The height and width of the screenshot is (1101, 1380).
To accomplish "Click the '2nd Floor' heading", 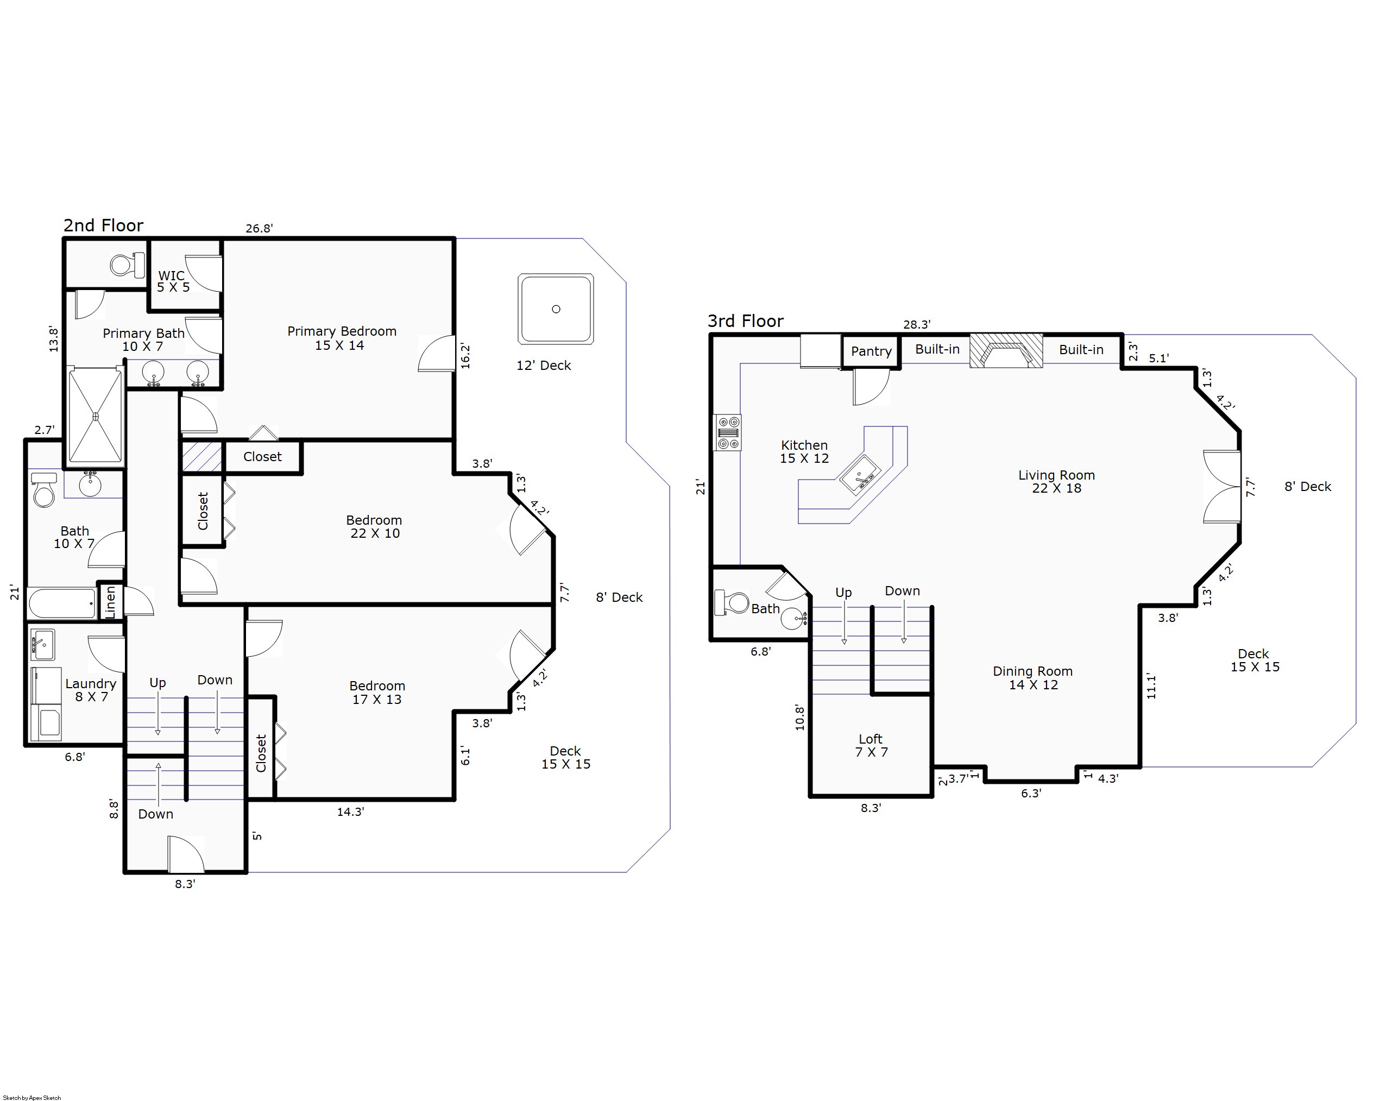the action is click(103, 225).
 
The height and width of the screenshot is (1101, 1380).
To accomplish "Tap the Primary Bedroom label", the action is click(342, 338).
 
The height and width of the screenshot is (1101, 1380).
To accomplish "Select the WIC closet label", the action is click(173, 282).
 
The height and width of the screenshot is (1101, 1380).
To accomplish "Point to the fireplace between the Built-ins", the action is click(1007, 351).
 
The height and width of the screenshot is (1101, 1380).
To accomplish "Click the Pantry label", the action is click(871, 351).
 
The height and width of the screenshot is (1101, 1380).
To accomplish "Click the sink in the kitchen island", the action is click(860, 475).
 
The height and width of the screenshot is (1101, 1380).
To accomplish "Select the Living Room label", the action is click(1057, 481).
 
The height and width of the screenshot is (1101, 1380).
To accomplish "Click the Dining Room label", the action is click(1032, 678).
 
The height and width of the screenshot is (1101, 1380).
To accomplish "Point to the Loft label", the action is click(871, 746).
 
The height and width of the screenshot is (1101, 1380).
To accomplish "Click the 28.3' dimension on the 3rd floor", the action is click(917, 324).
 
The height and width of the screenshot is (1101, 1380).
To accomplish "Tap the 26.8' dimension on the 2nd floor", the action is click(259, 228).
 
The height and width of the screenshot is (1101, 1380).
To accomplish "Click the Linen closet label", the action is click(110, 602).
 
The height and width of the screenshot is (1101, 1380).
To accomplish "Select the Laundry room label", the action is click(91, 690).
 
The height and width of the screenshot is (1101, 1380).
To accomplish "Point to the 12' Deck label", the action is click(544, 366).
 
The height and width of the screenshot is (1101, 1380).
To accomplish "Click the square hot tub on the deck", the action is click(556, 309).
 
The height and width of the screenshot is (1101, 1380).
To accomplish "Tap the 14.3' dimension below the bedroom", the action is click(350, 811).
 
